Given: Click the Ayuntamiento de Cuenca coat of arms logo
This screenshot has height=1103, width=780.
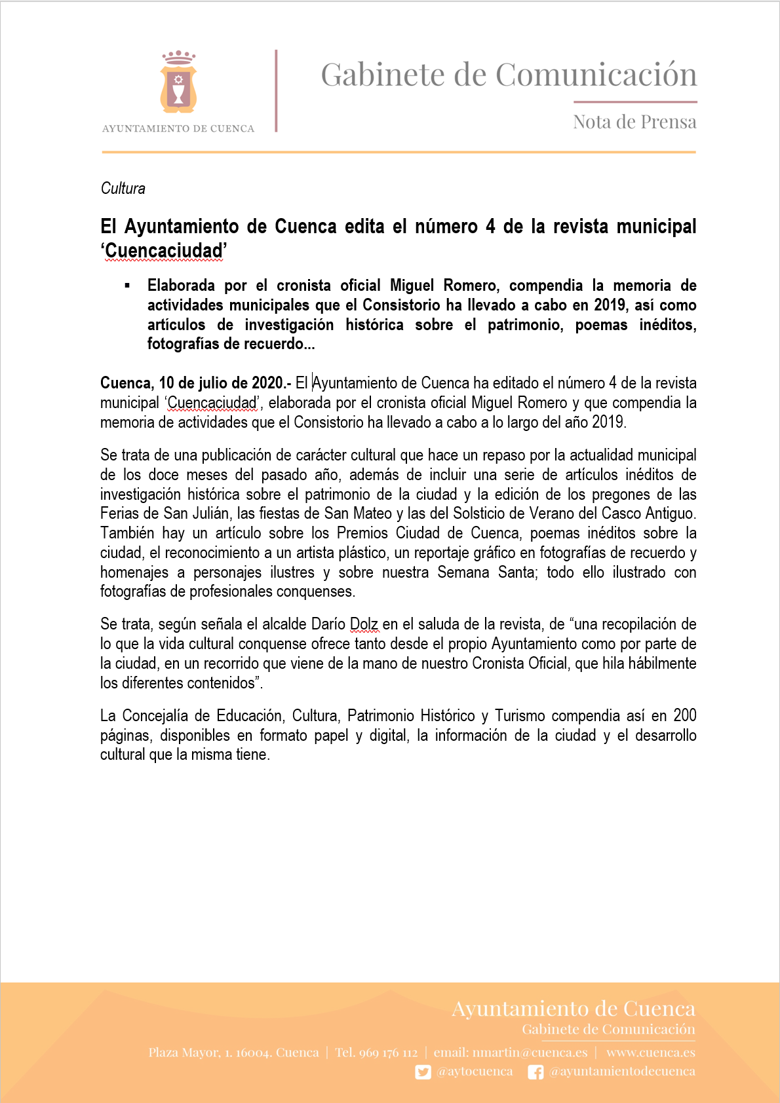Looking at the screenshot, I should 178,83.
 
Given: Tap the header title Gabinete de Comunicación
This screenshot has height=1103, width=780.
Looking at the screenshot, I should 509,75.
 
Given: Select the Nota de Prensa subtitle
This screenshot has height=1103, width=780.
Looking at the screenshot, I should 634,122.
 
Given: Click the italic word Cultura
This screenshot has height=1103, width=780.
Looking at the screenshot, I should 123,189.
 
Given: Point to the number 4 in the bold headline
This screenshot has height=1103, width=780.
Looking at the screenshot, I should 490,227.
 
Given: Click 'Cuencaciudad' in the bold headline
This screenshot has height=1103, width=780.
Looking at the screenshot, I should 164,251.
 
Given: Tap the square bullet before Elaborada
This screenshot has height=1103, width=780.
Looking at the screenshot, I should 128,286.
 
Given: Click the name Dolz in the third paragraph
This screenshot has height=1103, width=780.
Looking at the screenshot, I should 364,624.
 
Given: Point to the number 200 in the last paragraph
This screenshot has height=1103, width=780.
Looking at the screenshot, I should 684,716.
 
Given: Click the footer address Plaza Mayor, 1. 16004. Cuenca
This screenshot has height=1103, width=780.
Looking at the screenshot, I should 233,1053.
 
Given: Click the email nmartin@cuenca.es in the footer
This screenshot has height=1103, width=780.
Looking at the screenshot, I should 530,1053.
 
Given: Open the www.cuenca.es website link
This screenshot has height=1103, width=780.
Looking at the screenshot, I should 650,1053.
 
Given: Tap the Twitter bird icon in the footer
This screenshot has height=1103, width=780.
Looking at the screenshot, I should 423,1072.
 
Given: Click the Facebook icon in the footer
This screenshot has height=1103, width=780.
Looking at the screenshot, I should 536,1072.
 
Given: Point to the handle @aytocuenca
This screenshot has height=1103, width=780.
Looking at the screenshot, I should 475,1072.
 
